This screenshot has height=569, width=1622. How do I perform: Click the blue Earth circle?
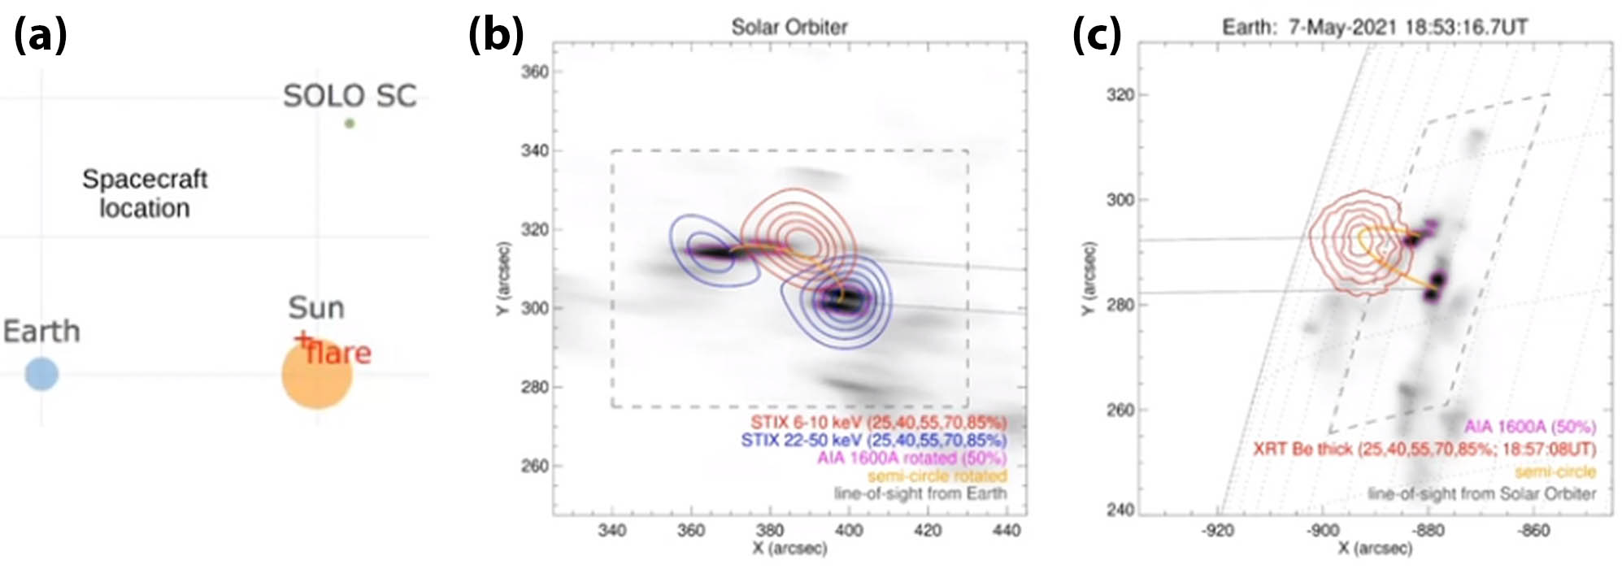click(41, 374)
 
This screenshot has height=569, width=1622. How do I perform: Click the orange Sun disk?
click(317, 376)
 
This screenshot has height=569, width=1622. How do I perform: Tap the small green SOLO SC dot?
click(350, 124)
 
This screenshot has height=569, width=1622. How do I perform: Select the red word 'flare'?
click(340, 353)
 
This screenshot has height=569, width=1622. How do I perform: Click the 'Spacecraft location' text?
click(145, 193)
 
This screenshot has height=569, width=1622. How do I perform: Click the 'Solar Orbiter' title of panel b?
click(789, 27)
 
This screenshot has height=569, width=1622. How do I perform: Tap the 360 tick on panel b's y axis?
click(534, 72)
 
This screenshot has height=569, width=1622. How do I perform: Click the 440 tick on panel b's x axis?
click(1007, 530)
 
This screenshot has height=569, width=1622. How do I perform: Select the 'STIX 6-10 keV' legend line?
click(878, 423)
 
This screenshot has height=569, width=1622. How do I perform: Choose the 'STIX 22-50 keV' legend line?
click(873, 441)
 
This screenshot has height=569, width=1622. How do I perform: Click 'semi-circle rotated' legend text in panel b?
click(937, 476)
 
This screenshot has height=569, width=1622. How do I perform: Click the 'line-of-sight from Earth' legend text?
click(920, 493)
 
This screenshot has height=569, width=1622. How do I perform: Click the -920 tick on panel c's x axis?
click(1217, 530)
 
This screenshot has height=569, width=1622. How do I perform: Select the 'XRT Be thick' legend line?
click(1424, 449)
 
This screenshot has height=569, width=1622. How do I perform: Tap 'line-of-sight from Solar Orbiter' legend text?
click(1481, 493)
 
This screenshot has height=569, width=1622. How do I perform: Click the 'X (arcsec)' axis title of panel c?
click(1374, 549)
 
